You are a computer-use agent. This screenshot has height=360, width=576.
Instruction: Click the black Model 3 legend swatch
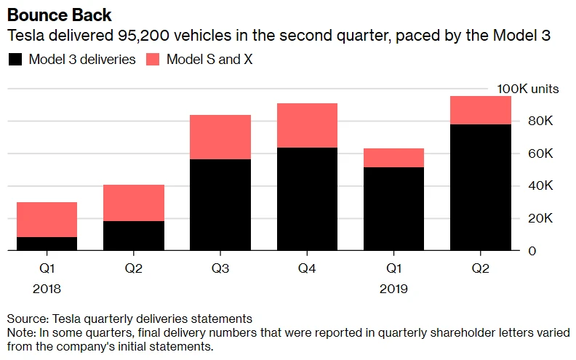15,60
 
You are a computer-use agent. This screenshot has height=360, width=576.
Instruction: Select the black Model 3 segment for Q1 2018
47,244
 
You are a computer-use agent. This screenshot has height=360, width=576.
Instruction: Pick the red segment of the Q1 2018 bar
47,220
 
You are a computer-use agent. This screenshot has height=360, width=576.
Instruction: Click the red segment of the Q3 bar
220,137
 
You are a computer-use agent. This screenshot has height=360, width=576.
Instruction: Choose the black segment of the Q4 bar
307,199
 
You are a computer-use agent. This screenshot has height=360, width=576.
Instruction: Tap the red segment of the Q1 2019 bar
393,158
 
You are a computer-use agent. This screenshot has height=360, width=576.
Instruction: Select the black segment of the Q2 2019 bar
480,187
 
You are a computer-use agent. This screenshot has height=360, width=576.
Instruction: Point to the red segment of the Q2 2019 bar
480,111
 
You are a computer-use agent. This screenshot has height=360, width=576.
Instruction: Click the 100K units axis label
528,89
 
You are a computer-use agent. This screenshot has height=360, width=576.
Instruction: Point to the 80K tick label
540,121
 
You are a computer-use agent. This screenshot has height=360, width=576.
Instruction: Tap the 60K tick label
540,153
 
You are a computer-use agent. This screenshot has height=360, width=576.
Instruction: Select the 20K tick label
540,218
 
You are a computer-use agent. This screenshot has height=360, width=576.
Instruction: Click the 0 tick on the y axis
532,251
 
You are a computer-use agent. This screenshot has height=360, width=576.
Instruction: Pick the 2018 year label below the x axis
47,289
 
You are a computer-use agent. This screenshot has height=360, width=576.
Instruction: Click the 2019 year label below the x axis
393,289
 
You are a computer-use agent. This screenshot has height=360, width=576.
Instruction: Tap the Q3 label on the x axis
220,268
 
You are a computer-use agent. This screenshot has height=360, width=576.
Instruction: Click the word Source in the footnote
25,319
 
